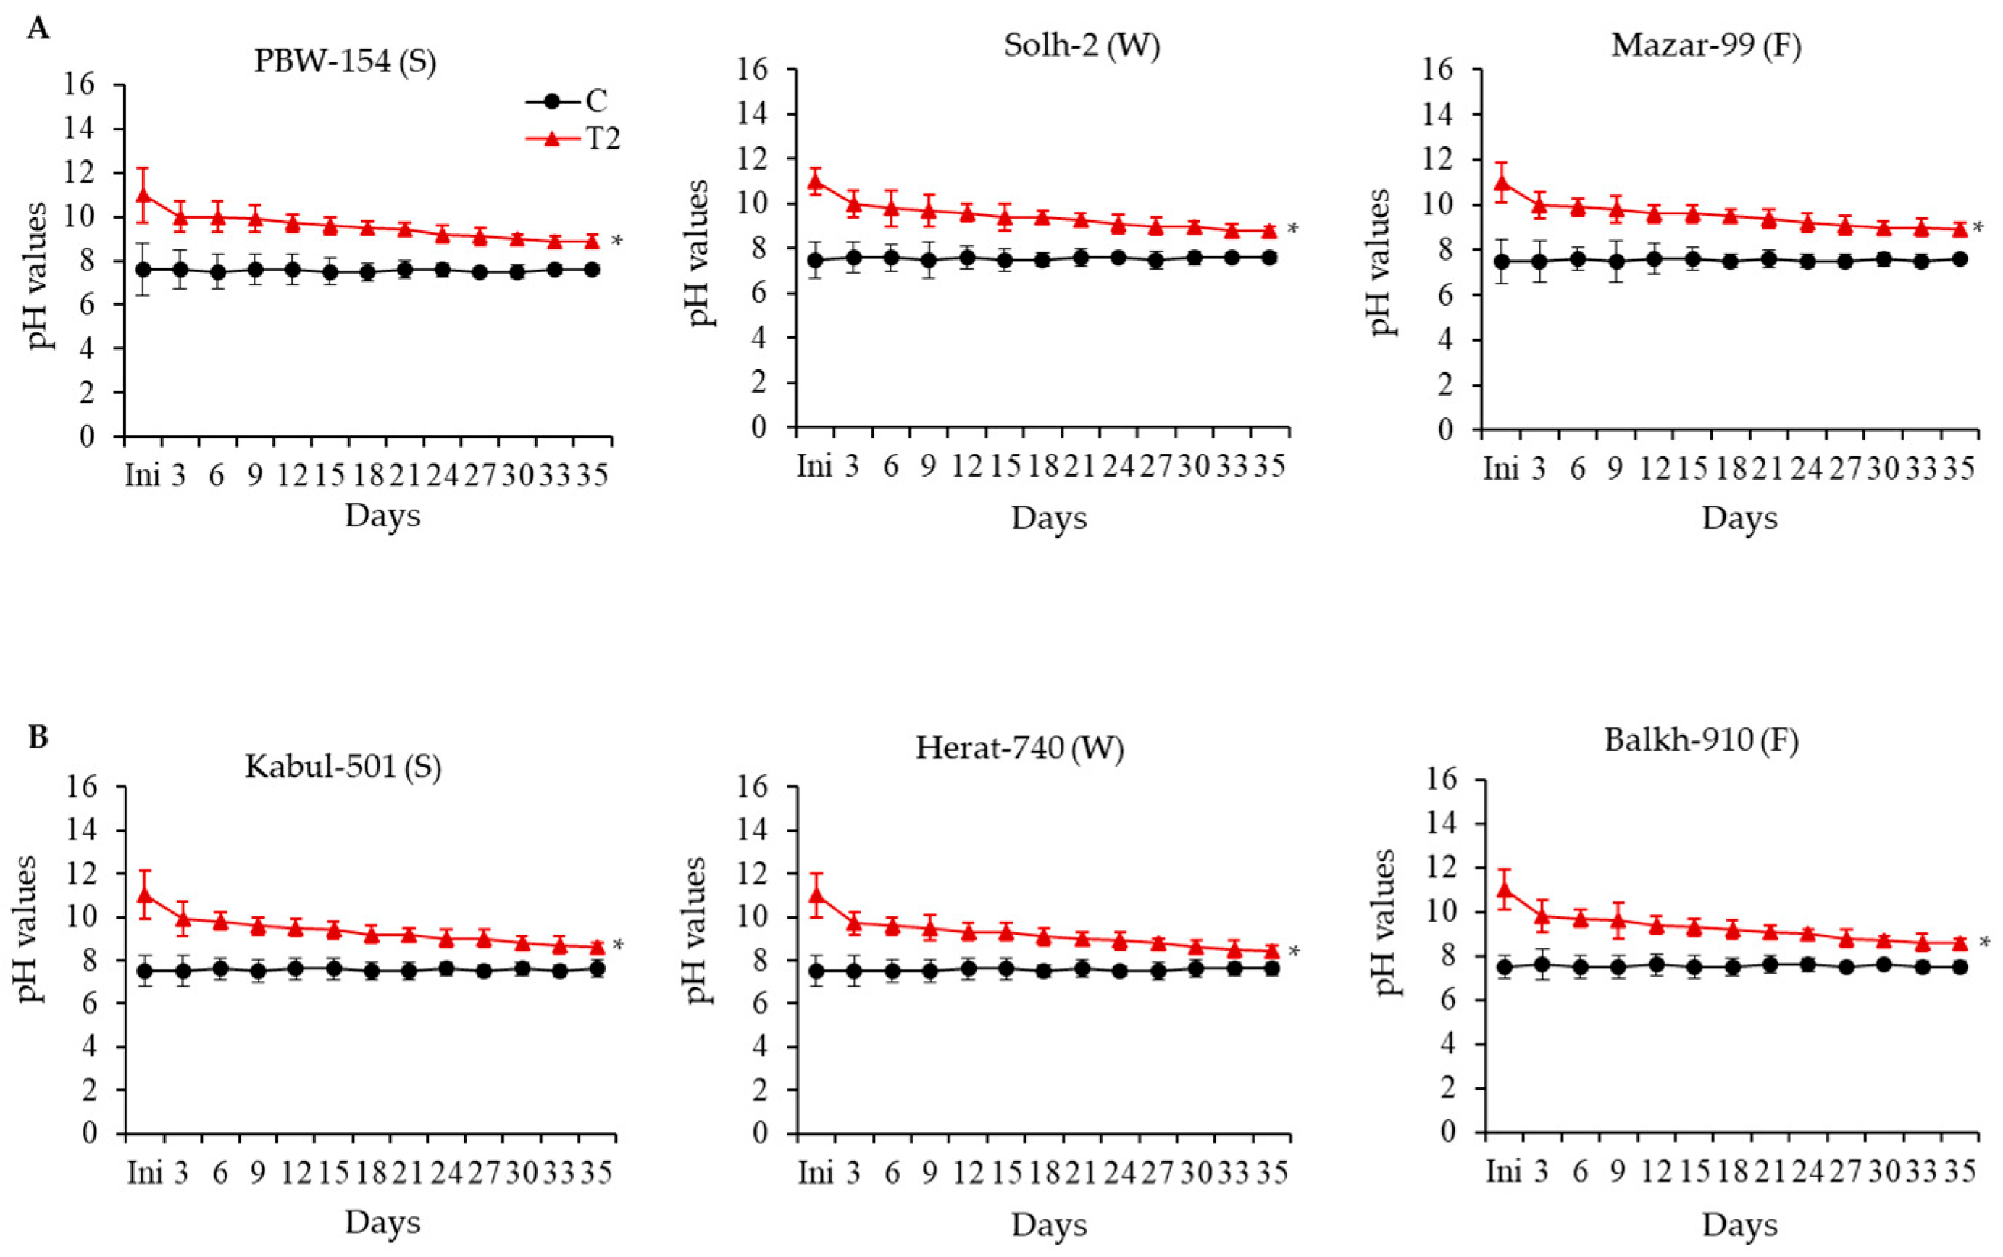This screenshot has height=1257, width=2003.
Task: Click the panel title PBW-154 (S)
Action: tap(344, 62)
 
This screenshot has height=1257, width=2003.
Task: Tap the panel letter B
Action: tap(38, 738)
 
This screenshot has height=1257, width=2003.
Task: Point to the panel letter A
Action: tap(38, 29)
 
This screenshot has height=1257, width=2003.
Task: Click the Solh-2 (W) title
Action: tap(1082, 45)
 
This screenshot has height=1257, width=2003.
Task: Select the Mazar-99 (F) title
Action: tap(1705, 45)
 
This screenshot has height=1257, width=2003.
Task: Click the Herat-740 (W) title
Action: tap(1019, 748)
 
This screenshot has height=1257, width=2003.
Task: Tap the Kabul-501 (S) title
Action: tap(343, 767)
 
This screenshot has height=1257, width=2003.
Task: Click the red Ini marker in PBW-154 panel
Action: tap(143, 196)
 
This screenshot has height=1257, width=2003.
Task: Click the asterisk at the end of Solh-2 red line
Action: tap(1292, 230)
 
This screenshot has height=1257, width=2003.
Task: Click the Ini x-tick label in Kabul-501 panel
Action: tap(146, 1173)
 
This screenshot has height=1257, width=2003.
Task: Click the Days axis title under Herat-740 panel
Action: tap(1049, 1224)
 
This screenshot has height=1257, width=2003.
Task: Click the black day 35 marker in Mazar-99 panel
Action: tap(1959, 259)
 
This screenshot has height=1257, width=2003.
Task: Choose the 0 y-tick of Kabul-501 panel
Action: tap(89, 1133)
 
